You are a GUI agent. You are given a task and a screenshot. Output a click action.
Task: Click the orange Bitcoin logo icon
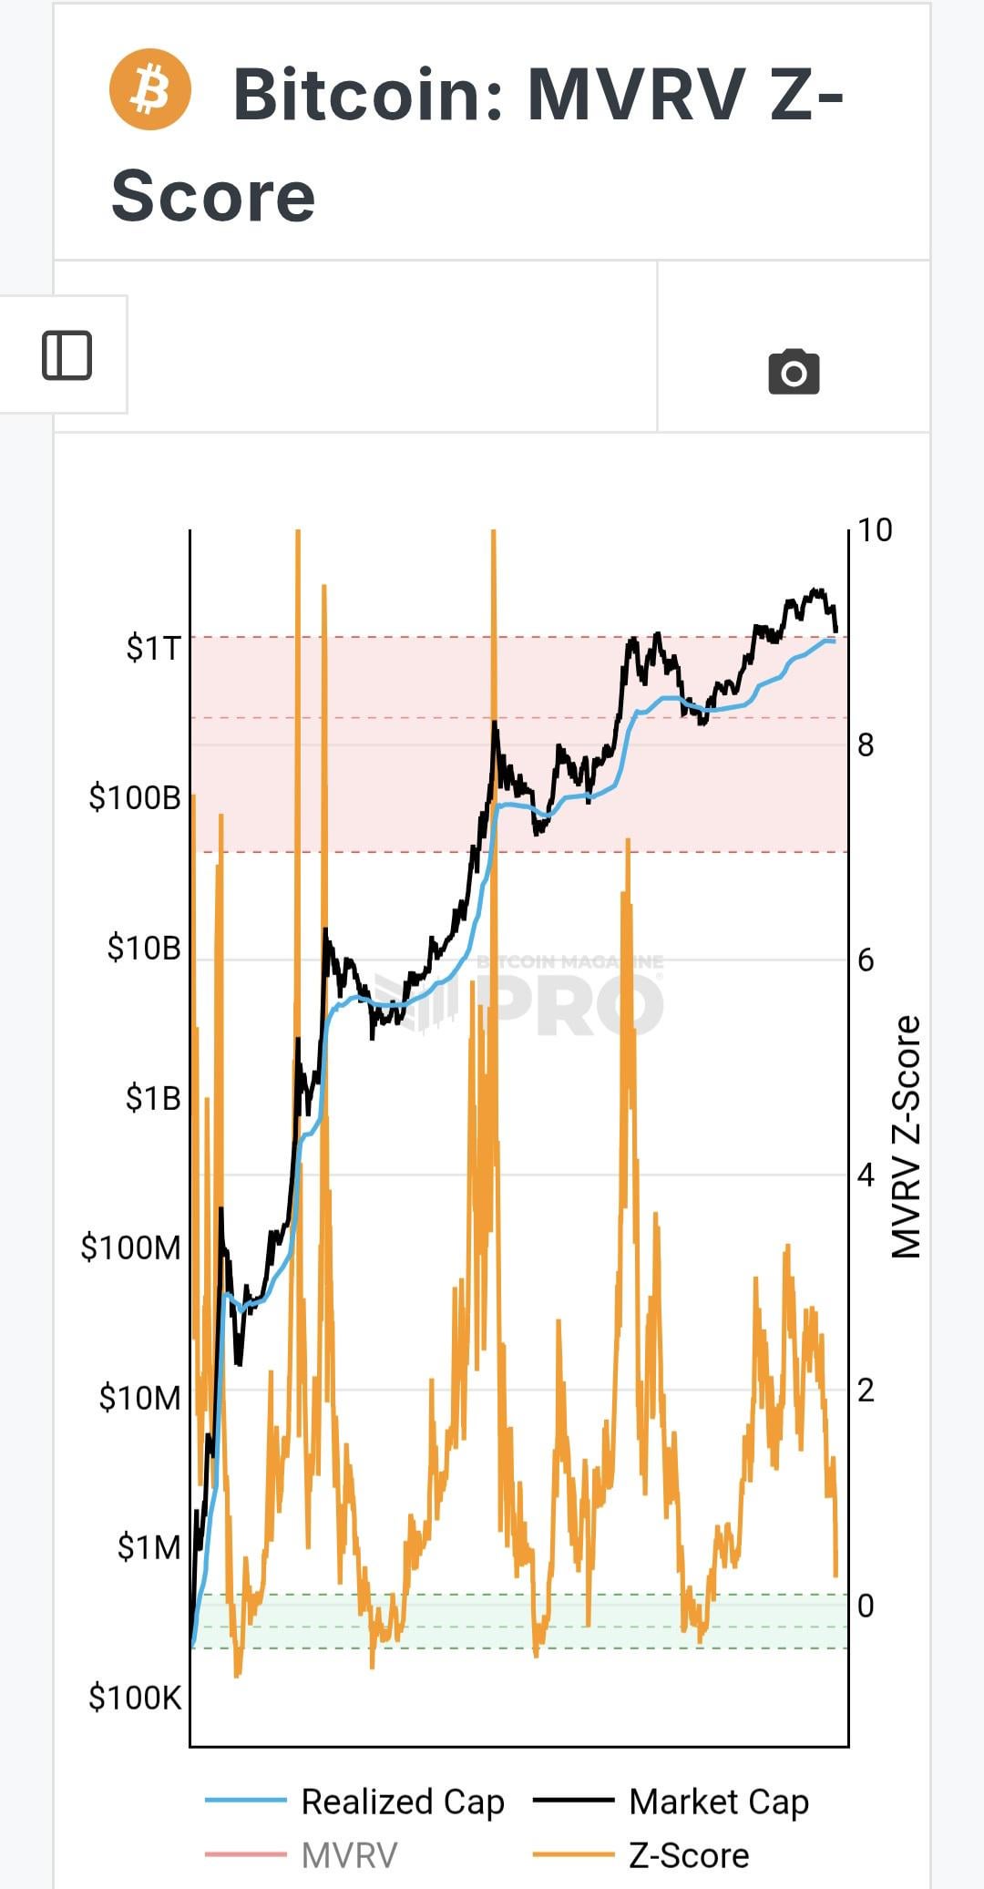[x=150, y=89]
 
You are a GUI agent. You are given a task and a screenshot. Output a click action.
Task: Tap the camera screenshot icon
[x=794, y=372]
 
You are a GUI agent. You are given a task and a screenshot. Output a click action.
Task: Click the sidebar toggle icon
[x=67, y=354]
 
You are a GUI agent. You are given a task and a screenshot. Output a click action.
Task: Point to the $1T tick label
[x=154, y=648]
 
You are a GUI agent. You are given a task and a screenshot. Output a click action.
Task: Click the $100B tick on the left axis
[x=135, y=797]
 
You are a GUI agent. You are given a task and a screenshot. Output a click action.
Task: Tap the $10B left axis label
[x=144, y=948]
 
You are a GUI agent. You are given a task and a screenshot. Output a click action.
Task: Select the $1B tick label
[x=153, y=1098]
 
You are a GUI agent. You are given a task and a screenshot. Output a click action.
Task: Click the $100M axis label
[x=131, y=1247]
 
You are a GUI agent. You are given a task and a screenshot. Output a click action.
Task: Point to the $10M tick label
[x=139, y=1397]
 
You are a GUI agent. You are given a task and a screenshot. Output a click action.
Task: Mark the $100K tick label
[x=135, y=1697]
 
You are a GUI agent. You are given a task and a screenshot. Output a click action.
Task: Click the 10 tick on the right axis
[x=875, y=530]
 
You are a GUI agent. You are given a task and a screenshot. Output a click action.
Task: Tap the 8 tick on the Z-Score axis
[x=866, y=745]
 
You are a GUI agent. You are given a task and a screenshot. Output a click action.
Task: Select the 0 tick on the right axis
[x=866, y=1606]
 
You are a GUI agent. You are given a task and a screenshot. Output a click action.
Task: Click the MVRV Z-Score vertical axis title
[x=906, y=1136]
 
